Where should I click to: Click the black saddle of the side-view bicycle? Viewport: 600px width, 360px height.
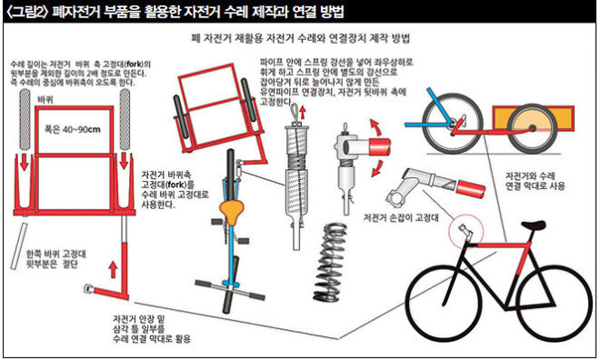click(533, 225)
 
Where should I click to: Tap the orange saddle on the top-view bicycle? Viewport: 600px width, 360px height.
click(232, 211)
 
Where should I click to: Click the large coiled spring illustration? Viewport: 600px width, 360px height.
click(330, 262)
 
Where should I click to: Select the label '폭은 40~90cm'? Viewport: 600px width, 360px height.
click(73, 129)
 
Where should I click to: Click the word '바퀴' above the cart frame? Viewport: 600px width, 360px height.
click(45, 100)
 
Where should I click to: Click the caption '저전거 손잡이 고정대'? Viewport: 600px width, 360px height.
click(401, 218)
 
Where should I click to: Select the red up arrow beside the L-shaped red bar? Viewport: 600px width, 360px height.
click(113, 269)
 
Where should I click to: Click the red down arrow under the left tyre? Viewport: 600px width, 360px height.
click(25, 162)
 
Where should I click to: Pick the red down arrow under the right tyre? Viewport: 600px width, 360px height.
click(124, 161)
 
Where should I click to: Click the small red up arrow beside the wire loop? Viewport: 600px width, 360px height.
click(303, 113)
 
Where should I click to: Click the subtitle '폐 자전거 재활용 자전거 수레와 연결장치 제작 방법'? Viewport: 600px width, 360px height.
click(300, 39)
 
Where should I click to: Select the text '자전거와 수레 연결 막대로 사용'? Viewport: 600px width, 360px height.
click(535, 181)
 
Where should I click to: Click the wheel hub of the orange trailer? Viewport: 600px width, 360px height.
click(532, 128)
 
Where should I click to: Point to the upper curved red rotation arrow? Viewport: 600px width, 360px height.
click(377, 126)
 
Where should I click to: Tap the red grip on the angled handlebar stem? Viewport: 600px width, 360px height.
click(471, 189)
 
